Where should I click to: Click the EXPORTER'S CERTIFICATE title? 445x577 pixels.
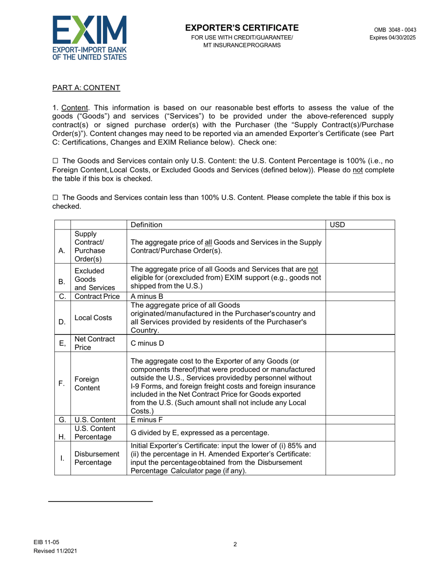[x=242, y=28]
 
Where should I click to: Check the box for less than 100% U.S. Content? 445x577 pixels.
[x=55, y=198]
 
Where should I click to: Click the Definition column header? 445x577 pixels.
[x=147, y=225]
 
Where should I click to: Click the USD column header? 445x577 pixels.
[x=337, y=225]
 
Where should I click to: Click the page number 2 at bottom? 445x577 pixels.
[x=235, y=544]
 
